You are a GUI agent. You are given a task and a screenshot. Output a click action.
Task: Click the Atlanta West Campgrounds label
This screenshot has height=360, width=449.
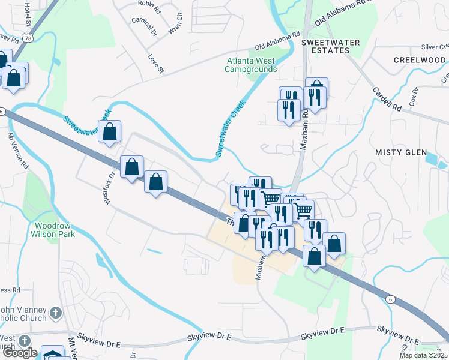coord(250,65)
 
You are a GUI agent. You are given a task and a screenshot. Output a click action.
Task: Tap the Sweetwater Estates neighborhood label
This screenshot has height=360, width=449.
coord(330,46)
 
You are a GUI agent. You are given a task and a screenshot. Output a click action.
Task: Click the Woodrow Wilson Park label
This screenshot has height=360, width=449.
coord(53,230)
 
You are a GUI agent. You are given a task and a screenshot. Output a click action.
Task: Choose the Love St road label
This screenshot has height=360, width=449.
coord(156,64)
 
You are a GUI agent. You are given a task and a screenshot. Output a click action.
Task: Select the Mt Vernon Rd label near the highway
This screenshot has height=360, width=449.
coord(17,151)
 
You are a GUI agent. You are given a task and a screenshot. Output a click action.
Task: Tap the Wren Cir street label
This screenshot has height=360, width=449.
coord(175,23)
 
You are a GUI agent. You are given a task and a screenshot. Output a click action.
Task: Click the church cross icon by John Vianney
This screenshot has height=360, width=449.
coord(55,312)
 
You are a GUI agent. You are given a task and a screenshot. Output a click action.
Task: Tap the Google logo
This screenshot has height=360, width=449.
coord(20,353)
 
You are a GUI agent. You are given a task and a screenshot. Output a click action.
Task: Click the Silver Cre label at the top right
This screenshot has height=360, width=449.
coord(435,47)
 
